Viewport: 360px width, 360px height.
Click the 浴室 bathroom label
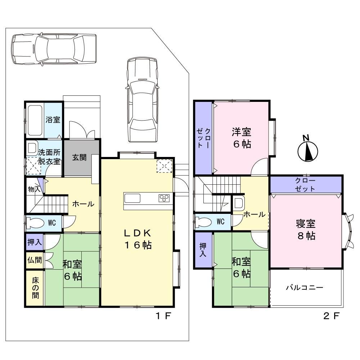53,120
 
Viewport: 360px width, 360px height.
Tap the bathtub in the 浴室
35,121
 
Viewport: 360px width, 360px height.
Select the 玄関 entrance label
79,158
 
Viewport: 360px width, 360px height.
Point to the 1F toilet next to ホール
35,223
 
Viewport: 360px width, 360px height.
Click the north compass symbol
308,149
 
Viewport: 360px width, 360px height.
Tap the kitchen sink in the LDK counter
132,198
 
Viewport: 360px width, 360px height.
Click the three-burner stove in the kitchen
164,198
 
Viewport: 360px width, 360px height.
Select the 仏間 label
35,260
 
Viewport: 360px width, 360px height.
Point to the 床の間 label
35,288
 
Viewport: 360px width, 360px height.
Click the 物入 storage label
34,189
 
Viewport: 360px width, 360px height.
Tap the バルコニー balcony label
305,287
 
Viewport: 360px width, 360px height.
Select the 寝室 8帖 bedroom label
306,230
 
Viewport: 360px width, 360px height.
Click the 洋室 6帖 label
242,138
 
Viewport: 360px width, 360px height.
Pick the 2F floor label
331,316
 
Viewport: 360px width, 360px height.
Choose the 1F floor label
163,316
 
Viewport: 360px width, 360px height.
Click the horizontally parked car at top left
54,49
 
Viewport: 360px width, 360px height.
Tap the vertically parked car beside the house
143,100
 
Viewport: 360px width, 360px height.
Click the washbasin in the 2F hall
239,203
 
